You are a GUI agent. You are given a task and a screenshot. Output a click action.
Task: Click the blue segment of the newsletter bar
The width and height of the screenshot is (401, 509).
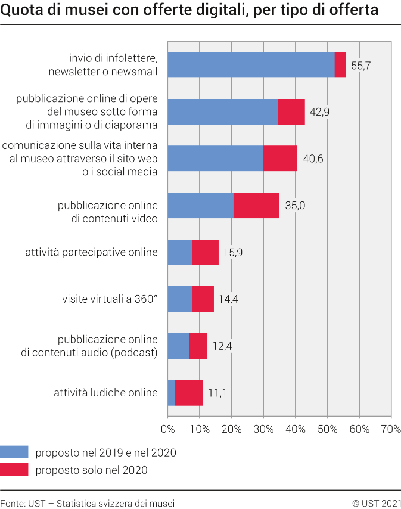251,65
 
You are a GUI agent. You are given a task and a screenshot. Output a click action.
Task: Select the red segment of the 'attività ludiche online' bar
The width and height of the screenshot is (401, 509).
189,393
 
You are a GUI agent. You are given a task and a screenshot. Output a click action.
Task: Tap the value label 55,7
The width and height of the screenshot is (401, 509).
361,66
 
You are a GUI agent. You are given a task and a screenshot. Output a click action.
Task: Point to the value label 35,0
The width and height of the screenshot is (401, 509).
295,206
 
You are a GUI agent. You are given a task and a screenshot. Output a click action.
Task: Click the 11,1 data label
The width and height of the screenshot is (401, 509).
217,393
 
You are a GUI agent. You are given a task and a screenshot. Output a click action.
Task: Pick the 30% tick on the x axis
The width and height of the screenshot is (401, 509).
263,429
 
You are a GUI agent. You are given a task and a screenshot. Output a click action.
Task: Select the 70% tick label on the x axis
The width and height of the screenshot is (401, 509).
391,429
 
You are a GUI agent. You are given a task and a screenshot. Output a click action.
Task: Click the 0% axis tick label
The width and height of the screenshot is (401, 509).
168,429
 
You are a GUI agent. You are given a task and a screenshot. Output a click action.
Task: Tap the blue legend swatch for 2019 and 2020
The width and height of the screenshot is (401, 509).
14,452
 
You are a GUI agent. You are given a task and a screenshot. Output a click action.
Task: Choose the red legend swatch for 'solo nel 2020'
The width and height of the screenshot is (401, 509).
14,470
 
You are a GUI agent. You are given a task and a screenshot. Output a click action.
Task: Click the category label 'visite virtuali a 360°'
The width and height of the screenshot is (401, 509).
110,299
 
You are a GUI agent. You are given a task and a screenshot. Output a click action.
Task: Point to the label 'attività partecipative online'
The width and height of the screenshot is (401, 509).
91,252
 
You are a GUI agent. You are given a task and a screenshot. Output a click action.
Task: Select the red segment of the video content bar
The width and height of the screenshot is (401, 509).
256,206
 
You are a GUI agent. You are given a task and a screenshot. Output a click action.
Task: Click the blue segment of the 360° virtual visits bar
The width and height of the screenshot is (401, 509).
180,299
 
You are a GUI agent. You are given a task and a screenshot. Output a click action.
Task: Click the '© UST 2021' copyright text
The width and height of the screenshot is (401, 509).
376,502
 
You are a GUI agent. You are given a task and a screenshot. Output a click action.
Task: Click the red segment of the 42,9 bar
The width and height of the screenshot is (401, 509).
291,111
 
